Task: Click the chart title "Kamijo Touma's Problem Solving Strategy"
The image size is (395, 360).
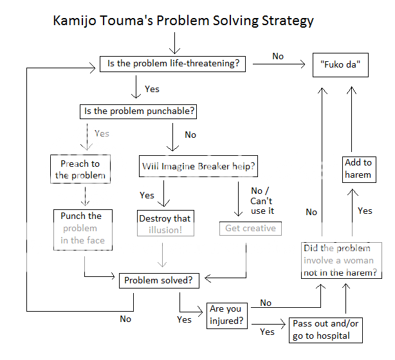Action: pyautogui.click(x=183, y=21)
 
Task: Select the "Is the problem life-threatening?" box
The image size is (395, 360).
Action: pyautogui.click(x=171, y=64)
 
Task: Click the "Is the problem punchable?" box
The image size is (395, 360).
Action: pyautogui.click(x=139, y=111)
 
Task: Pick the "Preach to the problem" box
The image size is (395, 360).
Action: pyautogui.click(x=80, y=169)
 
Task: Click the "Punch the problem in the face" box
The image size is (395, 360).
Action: pyautogui.click(x=82, y=229)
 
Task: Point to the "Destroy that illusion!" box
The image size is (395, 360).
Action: pyautogui.click(x=165, y=224)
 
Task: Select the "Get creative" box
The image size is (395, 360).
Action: pyautogui.click(x=250, y=228)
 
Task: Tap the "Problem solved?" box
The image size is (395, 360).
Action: pyautogui.click(x=158, y=281)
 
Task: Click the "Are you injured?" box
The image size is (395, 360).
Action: pyautogui.click(x=227, y=315)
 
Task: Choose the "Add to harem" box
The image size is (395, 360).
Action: pyautogui.click(x=358, y=169)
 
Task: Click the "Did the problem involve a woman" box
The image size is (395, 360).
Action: pyautogui.click(x=341, y=261)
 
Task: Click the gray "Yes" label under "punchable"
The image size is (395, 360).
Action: pyautogui.click(x=102, y=134)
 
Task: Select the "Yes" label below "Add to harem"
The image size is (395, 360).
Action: pyautogui.click(x=365, y=211)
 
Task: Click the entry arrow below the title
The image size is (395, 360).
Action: pyautogui.click(x=172, y=44)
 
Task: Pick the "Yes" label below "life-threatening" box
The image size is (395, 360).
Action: pyautogui.click(x=152, y=89)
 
